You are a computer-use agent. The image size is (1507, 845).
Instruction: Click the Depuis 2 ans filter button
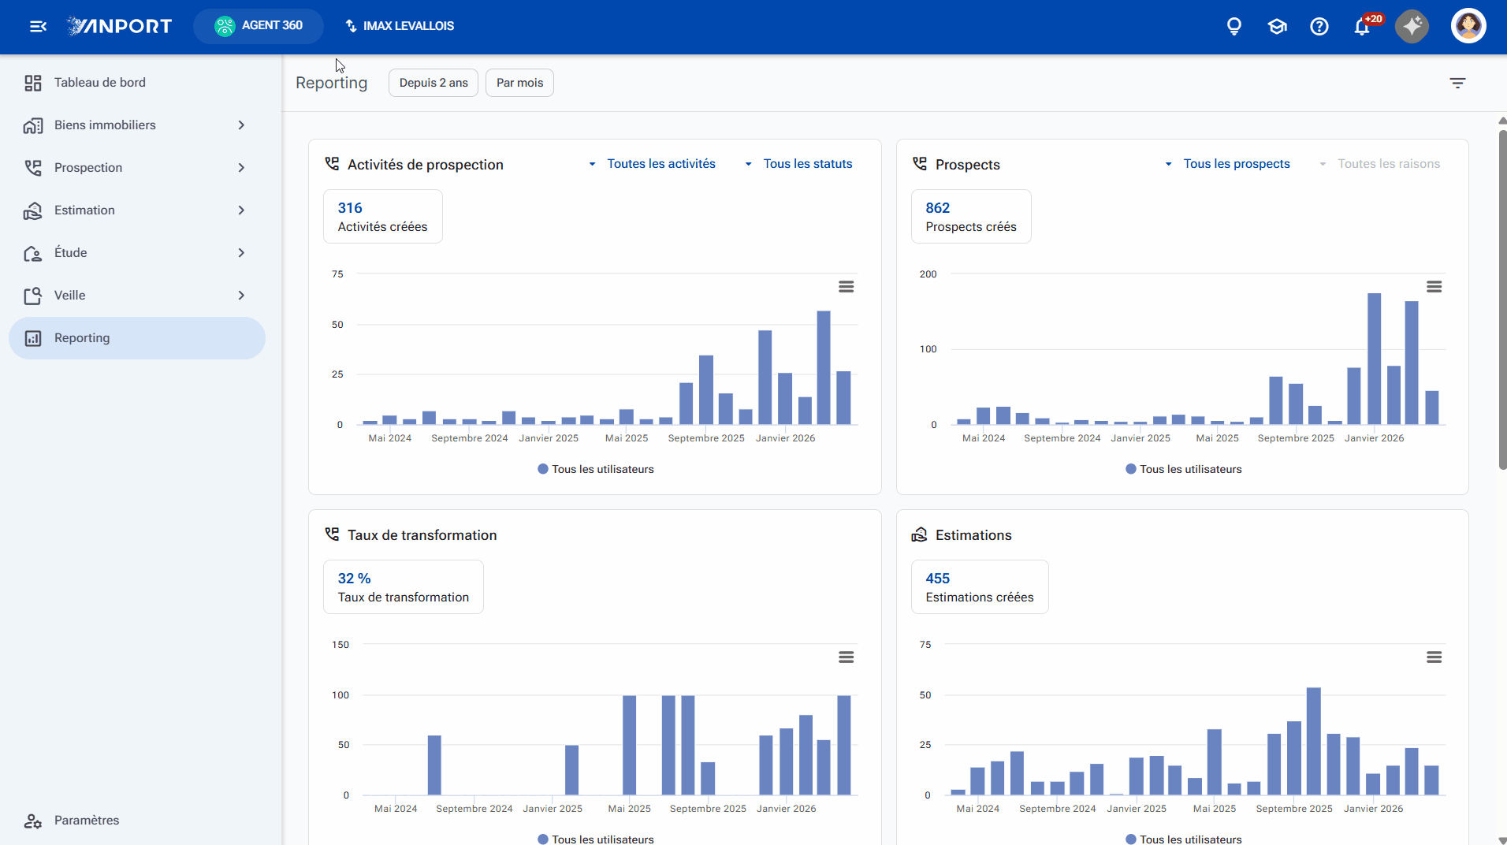click(x=433, y=83)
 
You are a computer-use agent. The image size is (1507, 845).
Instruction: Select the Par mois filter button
click(x=519, y=83)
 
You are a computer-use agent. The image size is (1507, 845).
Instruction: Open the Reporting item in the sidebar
click(x=137, y=338)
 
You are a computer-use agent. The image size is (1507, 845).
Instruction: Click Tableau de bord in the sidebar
click(x=99, y=83)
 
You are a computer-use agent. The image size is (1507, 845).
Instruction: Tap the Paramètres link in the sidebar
click(x=87, y=821)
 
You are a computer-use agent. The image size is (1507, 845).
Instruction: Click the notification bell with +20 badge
click(x=1362, y=27)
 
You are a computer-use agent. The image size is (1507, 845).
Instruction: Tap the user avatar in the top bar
click(x=1468, y=26)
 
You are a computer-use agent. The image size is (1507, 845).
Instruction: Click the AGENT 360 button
click(x=259, y=26)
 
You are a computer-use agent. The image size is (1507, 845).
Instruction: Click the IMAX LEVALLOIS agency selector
click(x=400, y=26)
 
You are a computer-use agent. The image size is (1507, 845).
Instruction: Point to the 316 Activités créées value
click(x=350, y=208)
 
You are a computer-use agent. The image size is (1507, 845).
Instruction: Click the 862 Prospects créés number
click(x=938, y=208)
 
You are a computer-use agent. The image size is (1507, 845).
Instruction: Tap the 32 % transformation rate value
click(x=354, y=579)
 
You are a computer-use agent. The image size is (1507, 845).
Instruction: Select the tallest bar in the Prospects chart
click(x=1375, y=359)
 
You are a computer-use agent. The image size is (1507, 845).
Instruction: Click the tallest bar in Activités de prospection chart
click(x=824, y=367)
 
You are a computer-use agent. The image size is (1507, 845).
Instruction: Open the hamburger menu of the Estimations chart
click(x=1434, y=657)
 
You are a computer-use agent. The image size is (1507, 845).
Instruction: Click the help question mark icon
click(x=1319, y=27)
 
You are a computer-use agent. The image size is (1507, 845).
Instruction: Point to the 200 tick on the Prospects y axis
click(x=928, y=274)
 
